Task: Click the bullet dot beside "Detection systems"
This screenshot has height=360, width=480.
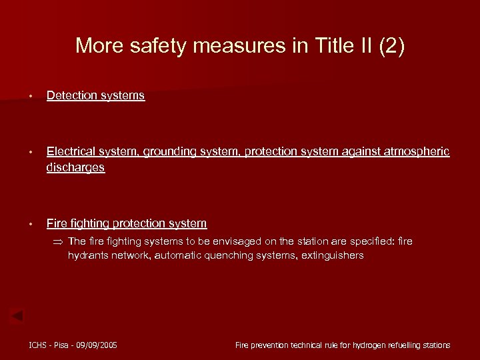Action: point(31,96)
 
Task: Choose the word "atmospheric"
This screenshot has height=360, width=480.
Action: point(416,152)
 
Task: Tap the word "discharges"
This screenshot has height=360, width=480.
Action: point(75,167)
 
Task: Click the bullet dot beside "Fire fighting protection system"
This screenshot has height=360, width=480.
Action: point(31,224)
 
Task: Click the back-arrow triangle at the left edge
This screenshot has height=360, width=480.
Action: point(17,315)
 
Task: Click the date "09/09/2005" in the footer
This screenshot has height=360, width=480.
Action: point(97,345)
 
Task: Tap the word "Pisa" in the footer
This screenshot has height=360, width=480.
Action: point(63,345)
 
